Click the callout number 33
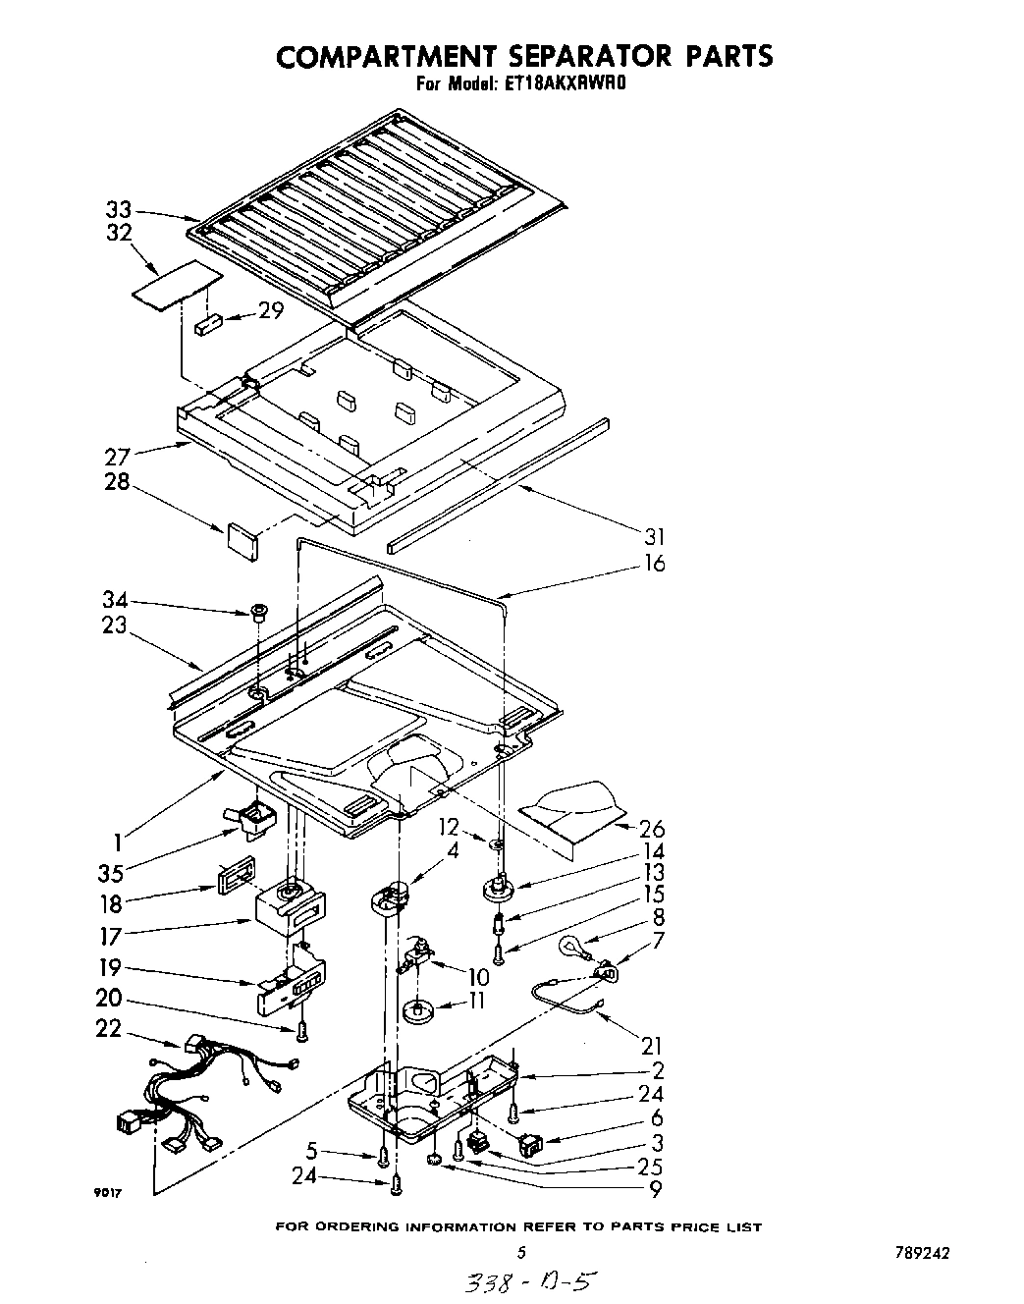pyautogui.click(x=118, y=209)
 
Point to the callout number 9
pyautogui.click(x=654, y=1191)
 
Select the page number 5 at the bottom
pyautogui.click(x=521, y=1252)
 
